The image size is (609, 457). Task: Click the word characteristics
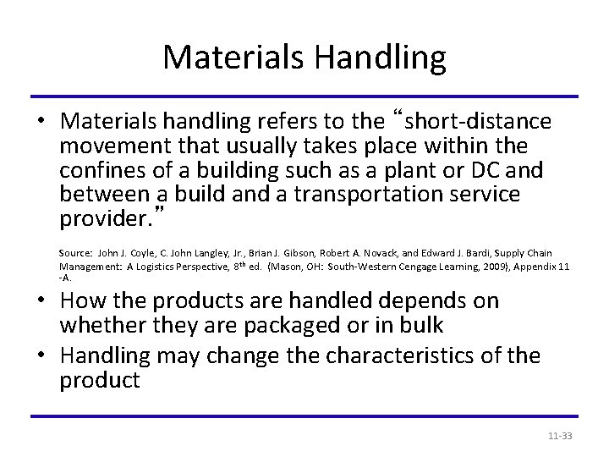pyautogui.click(x=395, y=355)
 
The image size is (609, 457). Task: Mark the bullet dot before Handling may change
pyautogui.click(x=39, y=355)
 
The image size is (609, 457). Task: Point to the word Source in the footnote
pyautogui.click(x=73, y=254)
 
